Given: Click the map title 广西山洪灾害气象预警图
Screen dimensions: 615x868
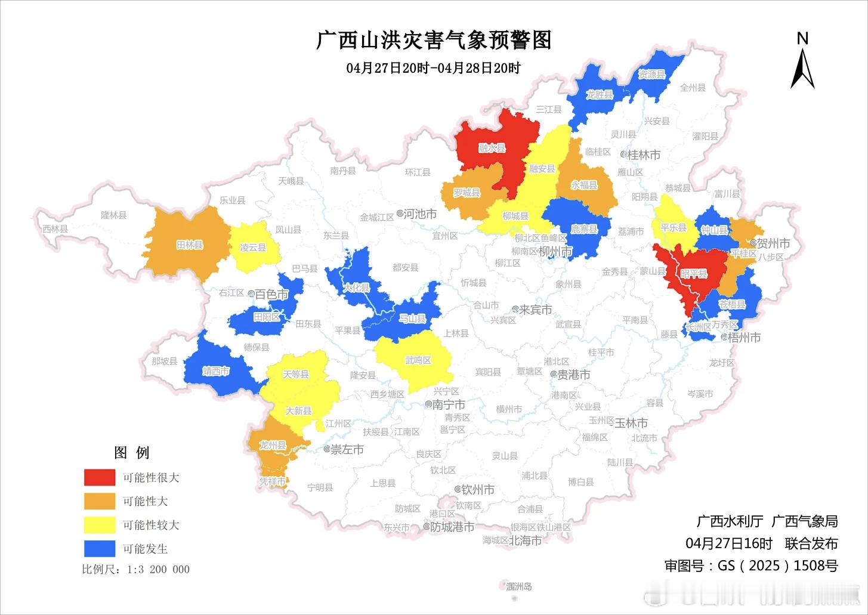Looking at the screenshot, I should click(434, 40).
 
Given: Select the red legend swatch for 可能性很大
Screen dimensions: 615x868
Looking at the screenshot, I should click(99, 477).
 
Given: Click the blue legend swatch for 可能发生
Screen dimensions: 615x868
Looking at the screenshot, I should click(99, 548).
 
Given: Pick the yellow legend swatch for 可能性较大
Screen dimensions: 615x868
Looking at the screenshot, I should click(99, 525).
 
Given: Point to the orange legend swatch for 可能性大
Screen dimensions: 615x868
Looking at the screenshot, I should click(99, 501).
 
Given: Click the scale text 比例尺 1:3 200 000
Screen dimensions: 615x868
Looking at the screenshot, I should click(136, 570).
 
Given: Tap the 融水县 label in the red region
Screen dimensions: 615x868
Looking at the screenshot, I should click(492, 148).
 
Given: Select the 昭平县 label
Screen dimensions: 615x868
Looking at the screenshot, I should click(693, 273).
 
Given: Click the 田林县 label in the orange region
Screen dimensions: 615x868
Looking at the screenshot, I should click(190, 245).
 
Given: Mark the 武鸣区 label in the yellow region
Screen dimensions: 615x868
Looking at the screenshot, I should click(418, 360).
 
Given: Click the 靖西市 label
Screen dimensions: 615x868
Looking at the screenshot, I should click(215, 371).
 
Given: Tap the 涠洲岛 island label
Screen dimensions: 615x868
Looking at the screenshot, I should click(518, 586).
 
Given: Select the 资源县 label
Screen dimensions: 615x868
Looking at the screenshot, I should click(651, 75).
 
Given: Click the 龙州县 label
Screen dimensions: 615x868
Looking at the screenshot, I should click(273, 445).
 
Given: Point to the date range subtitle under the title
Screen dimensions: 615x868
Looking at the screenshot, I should click(434, 68).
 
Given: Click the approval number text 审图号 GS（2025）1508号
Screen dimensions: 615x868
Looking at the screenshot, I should click(751, 565).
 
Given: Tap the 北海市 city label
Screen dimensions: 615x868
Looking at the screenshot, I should click(525, 540).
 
